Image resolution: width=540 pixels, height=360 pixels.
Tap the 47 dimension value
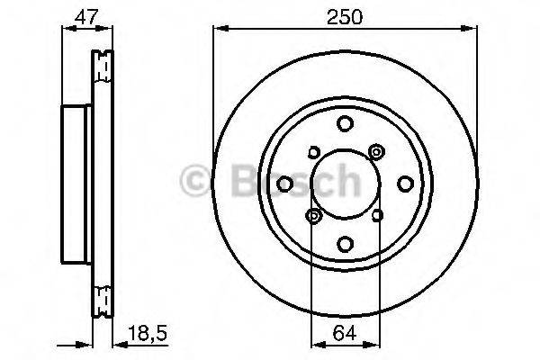[85, 17]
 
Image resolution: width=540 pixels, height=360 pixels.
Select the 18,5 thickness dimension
[148, 336]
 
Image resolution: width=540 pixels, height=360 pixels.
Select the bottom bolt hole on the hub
[345, 243]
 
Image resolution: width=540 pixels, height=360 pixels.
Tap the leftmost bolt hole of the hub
[285, 184]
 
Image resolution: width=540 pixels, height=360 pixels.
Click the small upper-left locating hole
[312, 153]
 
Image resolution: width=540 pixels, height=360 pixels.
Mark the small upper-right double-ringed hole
[376, 153]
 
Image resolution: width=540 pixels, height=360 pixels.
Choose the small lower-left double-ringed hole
[313, 216]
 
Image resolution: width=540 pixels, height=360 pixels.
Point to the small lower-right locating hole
[376, 216]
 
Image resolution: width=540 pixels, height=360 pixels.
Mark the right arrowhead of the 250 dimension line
[472, 29]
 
